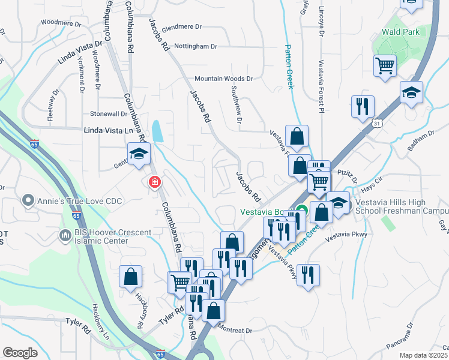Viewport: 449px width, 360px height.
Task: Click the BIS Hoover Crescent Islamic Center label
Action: (102, 236)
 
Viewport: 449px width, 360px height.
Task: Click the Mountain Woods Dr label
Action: (224, 79)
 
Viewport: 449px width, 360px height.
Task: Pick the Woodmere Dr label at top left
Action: (61, 24)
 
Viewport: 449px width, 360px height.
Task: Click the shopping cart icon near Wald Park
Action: (385, 66)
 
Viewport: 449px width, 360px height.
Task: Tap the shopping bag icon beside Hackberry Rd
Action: (130, 278)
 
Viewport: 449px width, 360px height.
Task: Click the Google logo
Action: (20, 353)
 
